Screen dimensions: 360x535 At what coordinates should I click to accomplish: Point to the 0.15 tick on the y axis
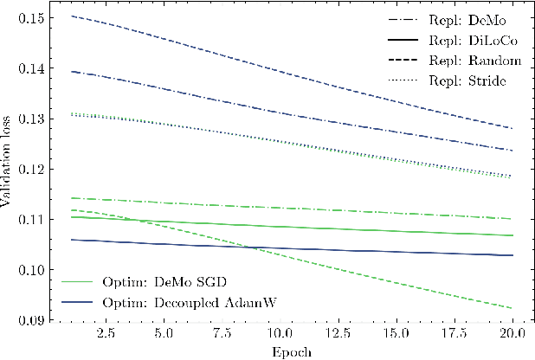pyautogui.click(x=34, y=17)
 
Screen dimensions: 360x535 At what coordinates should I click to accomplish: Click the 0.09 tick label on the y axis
pyautogui.click(x=34, y=321)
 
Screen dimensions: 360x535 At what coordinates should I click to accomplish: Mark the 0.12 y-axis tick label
pyautogui.click(x=34, y=170)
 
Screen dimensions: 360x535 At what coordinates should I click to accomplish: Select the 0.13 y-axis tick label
pyautogui.click(x=34, y=119)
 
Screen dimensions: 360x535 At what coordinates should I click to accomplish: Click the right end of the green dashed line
pyautogui.click(x=512, y=308)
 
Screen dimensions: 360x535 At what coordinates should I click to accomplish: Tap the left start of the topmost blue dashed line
pyautogui.click(x=72, y=16)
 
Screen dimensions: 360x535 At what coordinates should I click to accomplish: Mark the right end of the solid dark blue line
pyautogui.click(x=512, y=255)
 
